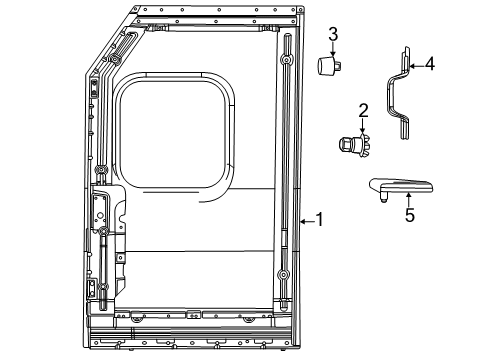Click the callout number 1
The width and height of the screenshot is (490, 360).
point(319,219)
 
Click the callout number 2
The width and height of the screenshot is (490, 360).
point(364,109)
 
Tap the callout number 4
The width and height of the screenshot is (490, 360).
point(429,64)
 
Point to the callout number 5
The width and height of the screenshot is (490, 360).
point(408,214)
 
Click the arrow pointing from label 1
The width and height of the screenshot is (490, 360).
point(307,219)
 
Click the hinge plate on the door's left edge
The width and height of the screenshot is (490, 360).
point(100,209)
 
